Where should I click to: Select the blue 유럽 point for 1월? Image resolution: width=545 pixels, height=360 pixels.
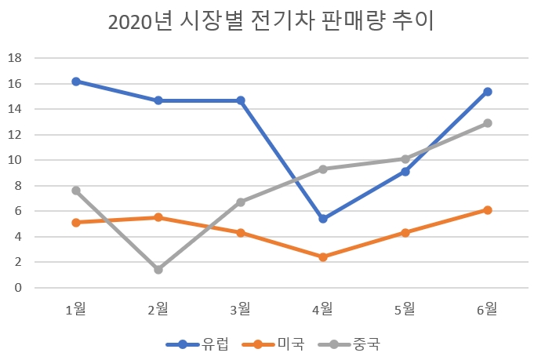tap(76, 82)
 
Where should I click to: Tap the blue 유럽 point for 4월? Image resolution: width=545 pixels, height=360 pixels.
tap(323, 219)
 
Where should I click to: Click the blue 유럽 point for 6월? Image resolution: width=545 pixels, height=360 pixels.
tap(487, 92)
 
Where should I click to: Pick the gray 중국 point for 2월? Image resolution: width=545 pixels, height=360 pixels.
tap(158, 270)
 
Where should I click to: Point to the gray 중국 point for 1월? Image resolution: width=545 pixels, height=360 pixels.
tap(76, 191)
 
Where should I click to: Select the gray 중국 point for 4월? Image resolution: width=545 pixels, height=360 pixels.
tap(323, 169)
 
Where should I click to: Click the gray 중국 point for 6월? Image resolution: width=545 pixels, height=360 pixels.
tap(487, 123)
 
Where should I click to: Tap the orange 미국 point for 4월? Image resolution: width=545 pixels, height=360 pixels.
tap(323, 257)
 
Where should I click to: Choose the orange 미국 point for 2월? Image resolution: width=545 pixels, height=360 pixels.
tap(158, 217)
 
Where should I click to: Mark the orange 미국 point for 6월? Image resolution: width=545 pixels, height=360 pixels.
tap(487, 210)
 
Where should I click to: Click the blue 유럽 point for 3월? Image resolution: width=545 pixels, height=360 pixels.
tap(241, 100)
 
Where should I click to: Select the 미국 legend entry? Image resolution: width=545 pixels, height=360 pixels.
tap(271, 344)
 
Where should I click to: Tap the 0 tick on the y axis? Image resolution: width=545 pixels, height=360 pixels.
tap(17, 288)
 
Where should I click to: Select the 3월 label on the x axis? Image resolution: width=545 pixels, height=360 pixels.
tap(241, 309)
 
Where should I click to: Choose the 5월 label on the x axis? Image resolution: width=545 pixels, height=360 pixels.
tap(405, 309)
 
